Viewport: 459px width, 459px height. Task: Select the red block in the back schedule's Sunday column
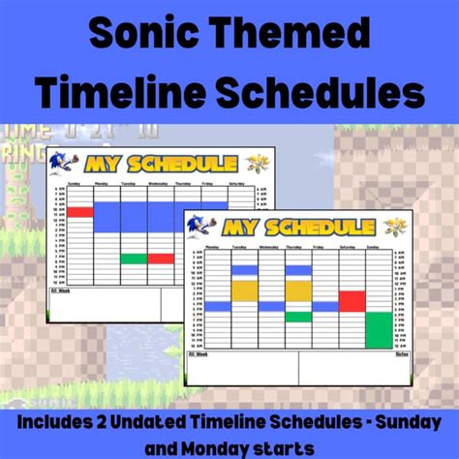tap(79, 211)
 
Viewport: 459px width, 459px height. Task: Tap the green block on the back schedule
tap(134, 259)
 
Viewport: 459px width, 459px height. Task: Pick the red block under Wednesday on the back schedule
tap(161, 259)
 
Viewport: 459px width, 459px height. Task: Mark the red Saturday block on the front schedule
tap(352, 301)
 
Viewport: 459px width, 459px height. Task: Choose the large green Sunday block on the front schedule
tap(379, 329)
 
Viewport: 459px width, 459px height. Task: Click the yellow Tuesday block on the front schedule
tap(245, 291)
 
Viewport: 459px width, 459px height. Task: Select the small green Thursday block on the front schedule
tap(298, 317)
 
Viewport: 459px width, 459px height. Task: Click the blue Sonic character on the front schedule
tap(201, 226)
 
